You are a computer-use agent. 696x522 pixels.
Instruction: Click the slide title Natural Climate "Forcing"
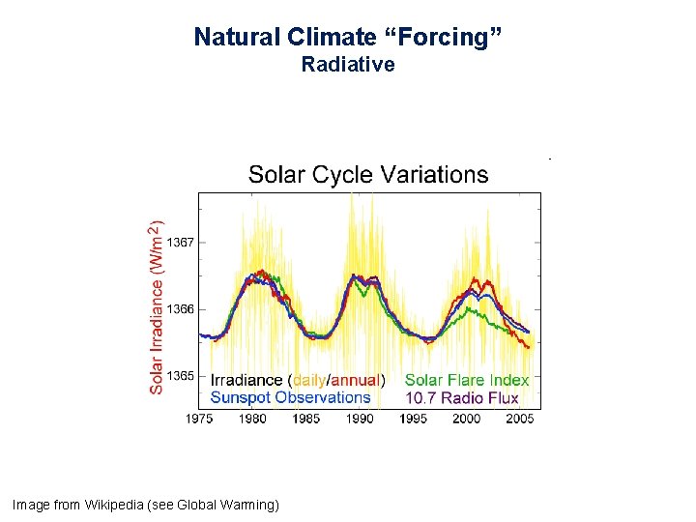[x=348, y=38]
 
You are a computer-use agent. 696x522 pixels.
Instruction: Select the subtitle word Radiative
[x=348, y=65]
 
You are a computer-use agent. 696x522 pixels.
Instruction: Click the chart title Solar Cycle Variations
[x=368, y=175]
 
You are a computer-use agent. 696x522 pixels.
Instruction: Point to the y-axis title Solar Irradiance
[x=156, y=305]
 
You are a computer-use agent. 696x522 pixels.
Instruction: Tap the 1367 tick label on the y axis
[x=180, y=243]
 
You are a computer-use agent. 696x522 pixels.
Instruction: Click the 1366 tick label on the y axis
[x=180, y=309]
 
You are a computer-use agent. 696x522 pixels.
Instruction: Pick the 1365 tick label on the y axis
[x=180, y=376]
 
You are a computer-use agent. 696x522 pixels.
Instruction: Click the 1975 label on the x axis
[x=199, y=419]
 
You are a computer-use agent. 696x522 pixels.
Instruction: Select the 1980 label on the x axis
[x=252, y=419]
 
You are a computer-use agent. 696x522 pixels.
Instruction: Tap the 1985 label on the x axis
[x=305, y=419]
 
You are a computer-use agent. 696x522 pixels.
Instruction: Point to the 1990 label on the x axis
[x=360, y=419]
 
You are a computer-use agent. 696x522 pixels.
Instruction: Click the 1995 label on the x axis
[x=413, y=419]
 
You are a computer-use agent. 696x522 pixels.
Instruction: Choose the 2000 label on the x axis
[x=466, y=419]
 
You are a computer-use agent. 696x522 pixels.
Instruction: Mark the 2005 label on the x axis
[x=520, y=419]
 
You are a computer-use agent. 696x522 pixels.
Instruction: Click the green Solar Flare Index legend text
[x=467, y=381]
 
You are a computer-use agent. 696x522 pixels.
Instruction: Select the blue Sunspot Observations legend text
[x=290, y=397]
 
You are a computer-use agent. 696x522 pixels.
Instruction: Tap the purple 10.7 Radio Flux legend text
[x=462, y=397]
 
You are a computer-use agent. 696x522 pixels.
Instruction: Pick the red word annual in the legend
[x=355, y=381]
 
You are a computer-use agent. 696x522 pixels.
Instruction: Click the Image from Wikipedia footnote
[x=145, y=505]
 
